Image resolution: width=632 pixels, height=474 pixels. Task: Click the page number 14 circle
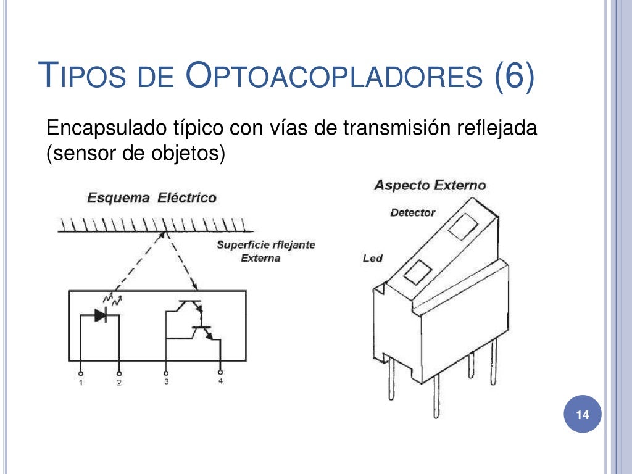[x=583, y=415]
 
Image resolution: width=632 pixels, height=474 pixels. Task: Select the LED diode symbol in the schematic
[x=100, y=315]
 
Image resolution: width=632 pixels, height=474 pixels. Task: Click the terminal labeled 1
[x=81, y=374]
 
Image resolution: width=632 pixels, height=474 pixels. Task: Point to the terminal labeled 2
[x=119, y=374]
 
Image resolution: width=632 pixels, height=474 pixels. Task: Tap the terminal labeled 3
[x=166, y=374]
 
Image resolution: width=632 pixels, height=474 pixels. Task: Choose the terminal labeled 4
[x=221, y=374]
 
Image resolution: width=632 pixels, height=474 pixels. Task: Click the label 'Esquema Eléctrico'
[x=152, y=198]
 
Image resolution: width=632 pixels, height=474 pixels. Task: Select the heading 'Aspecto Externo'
[x=430, y=185]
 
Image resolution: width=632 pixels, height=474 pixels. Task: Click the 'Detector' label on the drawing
[x=412, y=213]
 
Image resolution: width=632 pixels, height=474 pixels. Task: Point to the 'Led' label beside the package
[x=373, y=259]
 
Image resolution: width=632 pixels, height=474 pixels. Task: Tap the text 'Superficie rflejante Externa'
[x=265, y=251]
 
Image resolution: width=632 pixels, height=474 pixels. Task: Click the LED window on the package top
[x=417, y=272]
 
